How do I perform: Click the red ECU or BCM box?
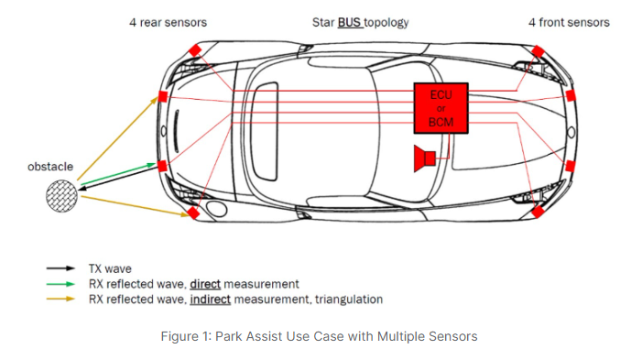pyautogui.click(x=441, y=108)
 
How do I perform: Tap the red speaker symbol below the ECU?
pyautogui.click(x=425, y=158)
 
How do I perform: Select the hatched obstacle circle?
pyautogui.click(x=61, y=196)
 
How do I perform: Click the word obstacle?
pyautogui.click(x=50, y=167)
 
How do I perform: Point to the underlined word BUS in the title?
pyautogui.click(x=349, y=23)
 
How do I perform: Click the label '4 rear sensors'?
pyautogui.click(x=168, y=23)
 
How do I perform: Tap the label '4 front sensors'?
pyautogui.click(x=569, y=23)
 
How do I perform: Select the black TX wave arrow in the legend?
pyautogui.click(x=60, y=268)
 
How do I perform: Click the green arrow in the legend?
pyautogui.click(x=60, y=284)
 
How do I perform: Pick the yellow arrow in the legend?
pyautogui.click(x=60, y=299)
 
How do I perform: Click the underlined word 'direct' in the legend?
pyautogui.click(x=205, y=284)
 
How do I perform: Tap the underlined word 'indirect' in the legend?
pyautogui.click(x=211, y=300)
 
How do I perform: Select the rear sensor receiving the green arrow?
pyautogui.click(x=162, y=166)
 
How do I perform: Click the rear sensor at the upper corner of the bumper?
pyautogui.click(x=195, y=50)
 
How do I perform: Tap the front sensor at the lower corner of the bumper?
pyautogui.click(x=538, y=212)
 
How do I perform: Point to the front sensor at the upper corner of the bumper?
pyautogui.click(x=538, y=51)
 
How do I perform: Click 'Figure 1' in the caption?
pyautogui.click(x=186, y=336)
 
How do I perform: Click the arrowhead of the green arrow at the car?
pyautogui.click(x=152, y=165)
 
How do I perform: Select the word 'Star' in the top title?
pyautogui.click(x=323, y=23)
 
